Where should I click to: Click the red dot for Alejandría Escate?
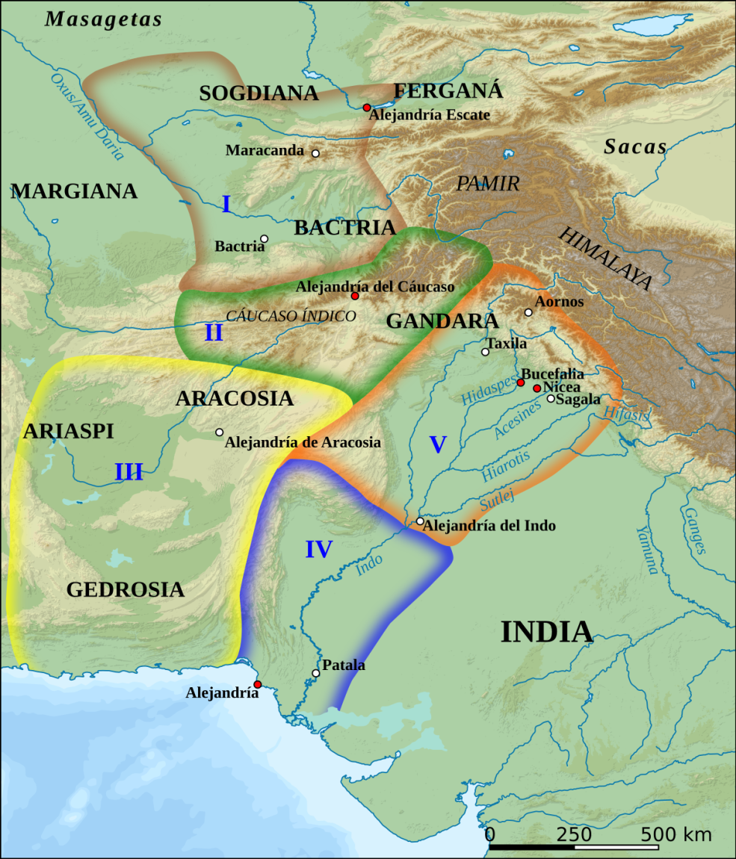pyautogui.click(x=367, y=108)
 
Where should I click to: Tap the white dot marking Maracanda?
pyautogui.click(x=315, y=153)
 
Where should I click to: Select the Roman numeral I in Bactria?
pyautogui.click(x=226, y=204)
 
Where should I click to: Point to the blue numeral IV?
pyautogui.click(x=318, y=550)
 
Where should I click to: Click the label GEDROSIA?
pyautogui.click(x=125, y=590)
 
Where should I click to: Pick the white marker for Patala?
pyautogui.click(x=315, y=673)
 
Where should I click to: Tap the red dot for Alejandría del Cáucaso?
pyautogui.click(x=355, y=297)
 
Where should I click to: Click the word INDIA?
pyautogui.click(x=546, y=632)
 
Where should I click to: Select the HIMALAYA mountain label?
pyautogui.click(x=605, y=258)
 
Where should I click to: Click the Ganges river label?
pyautogui.click(x=693, y=530)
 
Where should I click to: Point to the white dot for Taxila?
pyautogui.click(x=485, y=352)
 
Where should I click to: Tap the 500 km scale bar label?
pyautogui.click(x=675, y=834)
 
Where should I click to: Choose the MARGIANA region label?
pyautogui.click(x=74, y=191)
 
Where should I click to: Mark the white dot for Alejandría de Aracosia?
pyautogui.click(x=219, y=432)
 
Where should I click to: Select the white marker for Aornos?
pyautogui.click(x=528, y=312)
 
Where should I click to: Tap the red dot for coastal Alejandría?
pyautogui.click(x=257, y=684)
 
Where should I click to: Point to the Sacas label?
pyautogui.click(x=635, y=147)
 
